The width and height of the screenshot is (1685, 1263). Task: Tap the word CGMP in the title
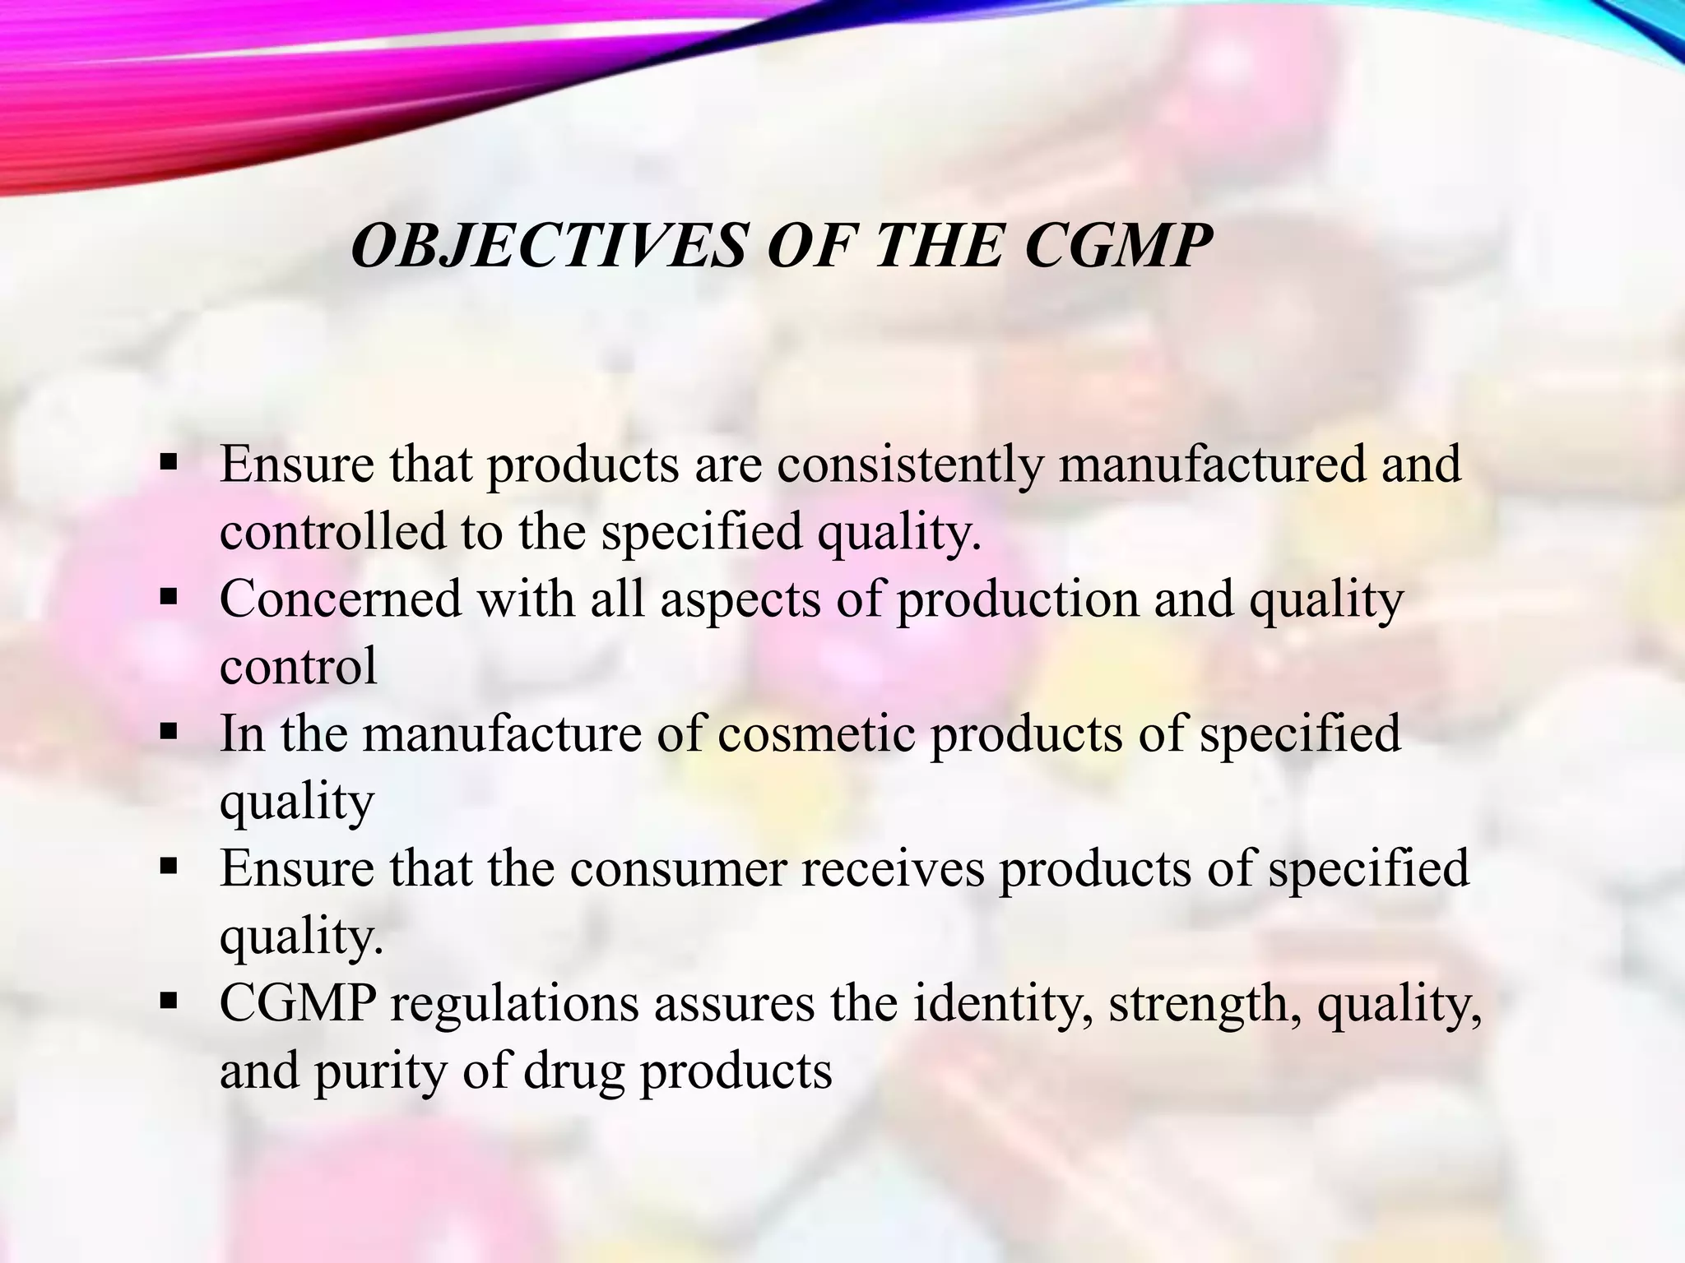[1118, 246]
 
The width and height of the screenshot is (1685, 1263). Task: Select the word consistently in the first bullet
[909, 465]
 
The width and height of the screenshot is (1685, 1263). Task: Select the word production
[1017, 600]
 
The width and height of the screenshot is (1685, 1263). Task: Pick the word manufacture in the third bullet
[501, 733]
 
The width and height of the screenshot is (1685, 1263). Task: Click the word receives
[892, 868]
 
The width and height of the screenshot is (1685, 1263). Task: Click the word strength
[1205, 1004]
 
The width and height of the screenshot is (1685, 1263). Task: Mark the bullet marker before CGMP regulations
[169, 1001]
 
